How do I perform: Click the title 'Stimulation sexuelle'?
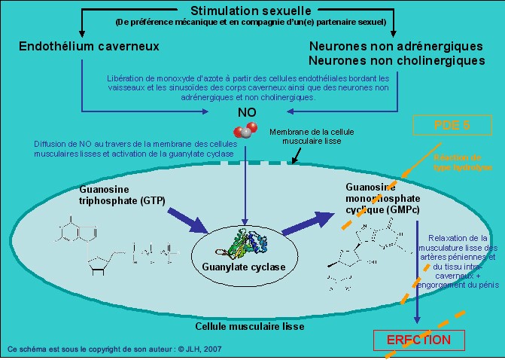(250, 11)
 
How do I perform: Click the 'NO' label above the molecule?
(247, 112)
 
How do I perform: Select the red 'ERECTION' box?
(418, 340)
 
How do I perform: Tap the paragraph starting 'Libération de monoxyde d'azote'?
(248, 87)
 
